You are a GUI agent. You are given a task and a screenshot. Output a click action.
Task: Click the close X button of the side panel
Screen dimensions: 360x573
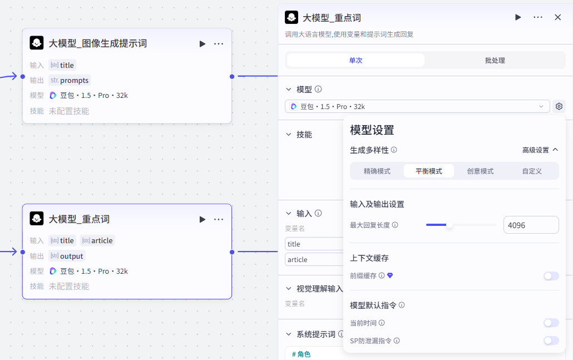pyautogui.click(x=558, y=17)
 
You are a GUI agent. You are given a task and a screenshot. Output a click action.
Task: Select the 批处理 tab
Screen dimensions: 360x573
pyautogui.click(x=495, y=60)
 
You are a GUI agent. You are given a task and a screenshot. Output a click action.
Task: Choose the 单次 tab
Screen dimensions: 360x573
pyautogui.click(x=355, y=60)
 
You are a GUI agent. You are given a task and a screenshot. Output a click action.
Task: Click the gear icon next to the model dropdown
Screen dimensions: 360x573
pyautogui.click(x=559, y=106)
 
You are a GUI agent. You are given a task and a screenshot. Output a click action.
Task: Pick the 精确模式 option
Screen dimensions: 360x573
pyautogui.click(x=377, y=171)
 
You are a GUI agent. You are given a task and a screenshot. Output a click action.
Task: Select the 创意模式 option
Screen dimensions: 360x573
pyautogui.click(x=480, y=171)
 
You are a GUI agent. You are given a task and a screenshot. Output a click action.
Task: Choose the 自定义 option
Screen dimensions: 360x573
pyautogui.click(x=532, y=171)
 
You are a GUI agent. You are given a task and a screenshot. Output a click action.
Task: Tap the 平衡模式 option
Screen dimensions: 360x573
pyautogui.click(x=428, y=171)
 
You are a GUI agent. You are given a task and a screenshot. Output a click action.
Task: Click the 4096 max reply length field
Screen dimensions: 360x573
pyautogui.click(x=531, y=225)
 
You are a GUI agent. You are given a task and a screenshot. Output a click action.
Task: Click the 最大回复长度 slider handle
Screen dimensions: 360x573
pyautogui.click(x=449, y=225)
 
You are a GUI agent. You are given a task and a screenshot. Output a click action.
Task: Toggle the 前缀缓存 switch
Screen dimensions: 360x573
pyautogui.click(x=551, y=275)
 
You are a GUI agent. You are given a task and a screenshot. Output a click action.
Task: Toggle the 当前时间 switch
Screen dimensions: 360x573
pyautogui.click(x=551, y=323)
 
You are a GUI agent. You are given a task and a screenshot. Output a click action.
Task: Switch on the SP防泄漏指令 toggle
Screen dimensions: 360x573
pyautogui.click(x=551, y=341)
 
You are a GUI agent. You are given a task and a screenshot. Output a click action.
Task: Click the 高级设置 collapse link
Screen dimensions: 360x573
pyautogui.click(x=540, y=150)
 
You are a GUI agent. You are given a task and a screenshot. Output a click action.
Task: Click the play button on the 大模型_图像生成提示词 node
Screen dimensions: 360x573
pyautogui.click(x=202, y=43)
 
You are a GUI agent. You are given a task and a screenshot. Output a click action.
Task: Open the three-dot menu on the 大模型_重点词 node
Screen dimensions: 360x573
pyautogui.click(x=219, y=219)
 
